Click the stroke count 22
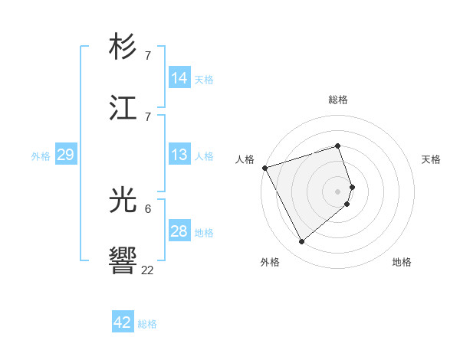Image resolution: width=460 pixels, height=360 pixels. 147,270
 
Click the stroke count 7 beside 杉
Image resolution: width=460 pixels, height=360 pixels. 147,56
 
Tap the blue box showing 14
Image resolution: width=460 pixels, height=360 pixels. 179,78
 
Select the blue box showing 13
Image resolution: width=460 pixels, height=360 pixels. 179,155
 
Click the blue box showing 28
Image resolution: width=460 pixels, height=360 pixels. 179,231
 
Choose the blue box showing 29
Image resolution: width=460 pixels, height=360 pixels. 65,155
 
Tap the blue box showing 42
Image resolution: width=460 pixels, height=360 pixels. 123,322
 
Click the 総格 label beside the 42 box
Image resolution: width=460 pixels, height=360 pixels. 147,324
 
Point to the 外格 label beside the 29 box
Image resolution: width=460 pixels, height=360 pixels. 41,156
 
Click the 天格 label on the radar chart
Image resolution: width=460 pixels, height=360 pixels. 432,159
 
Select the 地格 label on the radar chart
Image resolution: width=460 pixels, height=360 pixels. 402,262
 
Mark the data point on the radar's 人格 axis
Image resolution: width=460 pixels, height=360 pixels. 264,167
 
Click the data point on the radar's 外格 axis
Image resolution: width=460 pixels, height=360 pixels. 301,242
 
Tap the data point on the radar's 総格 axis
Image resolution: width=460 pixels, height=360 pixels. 337,146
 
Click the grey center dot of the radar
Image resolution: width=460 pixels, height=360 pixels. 337,191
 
